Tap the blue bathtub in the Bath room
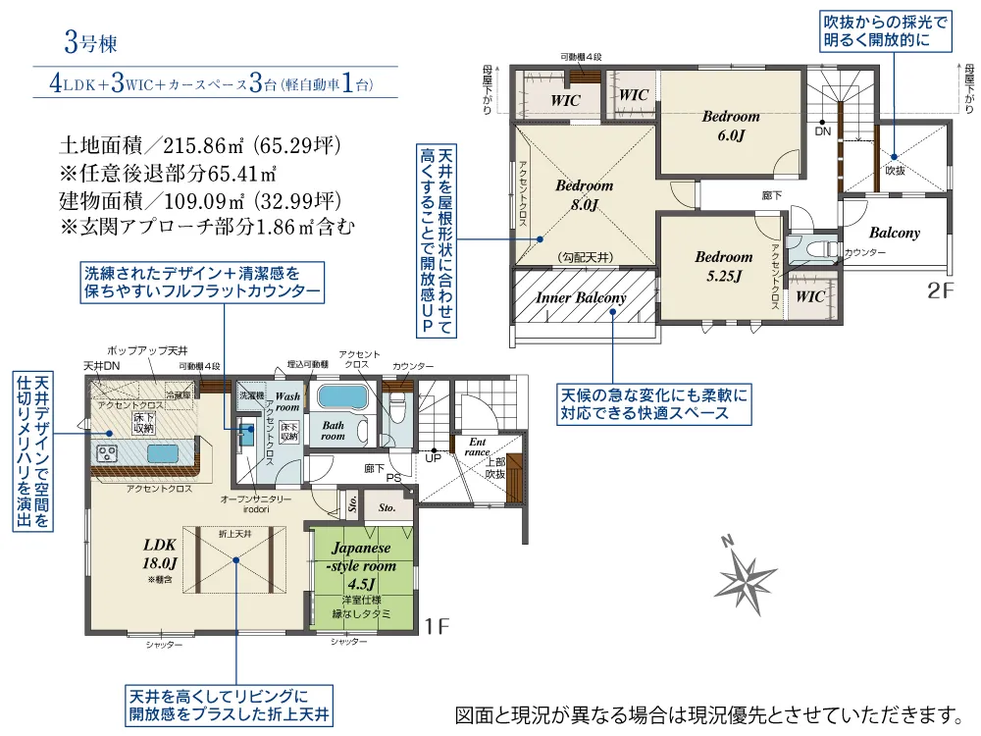point(340,397)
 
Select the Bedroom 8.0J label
point(584,195)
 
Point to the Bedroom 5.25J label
point(723,267)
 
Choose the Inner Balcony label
point(581,297)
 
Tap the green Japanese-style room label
point(362,566)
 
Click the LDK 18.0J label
point(161,554)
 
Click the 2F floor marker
point(940,290)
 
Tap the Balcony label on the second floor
point(894,234)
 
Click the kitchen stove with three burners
point(106,452)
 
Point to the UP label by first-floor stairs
point(432,458)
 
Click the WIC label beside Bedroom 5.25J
point(810,296)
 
